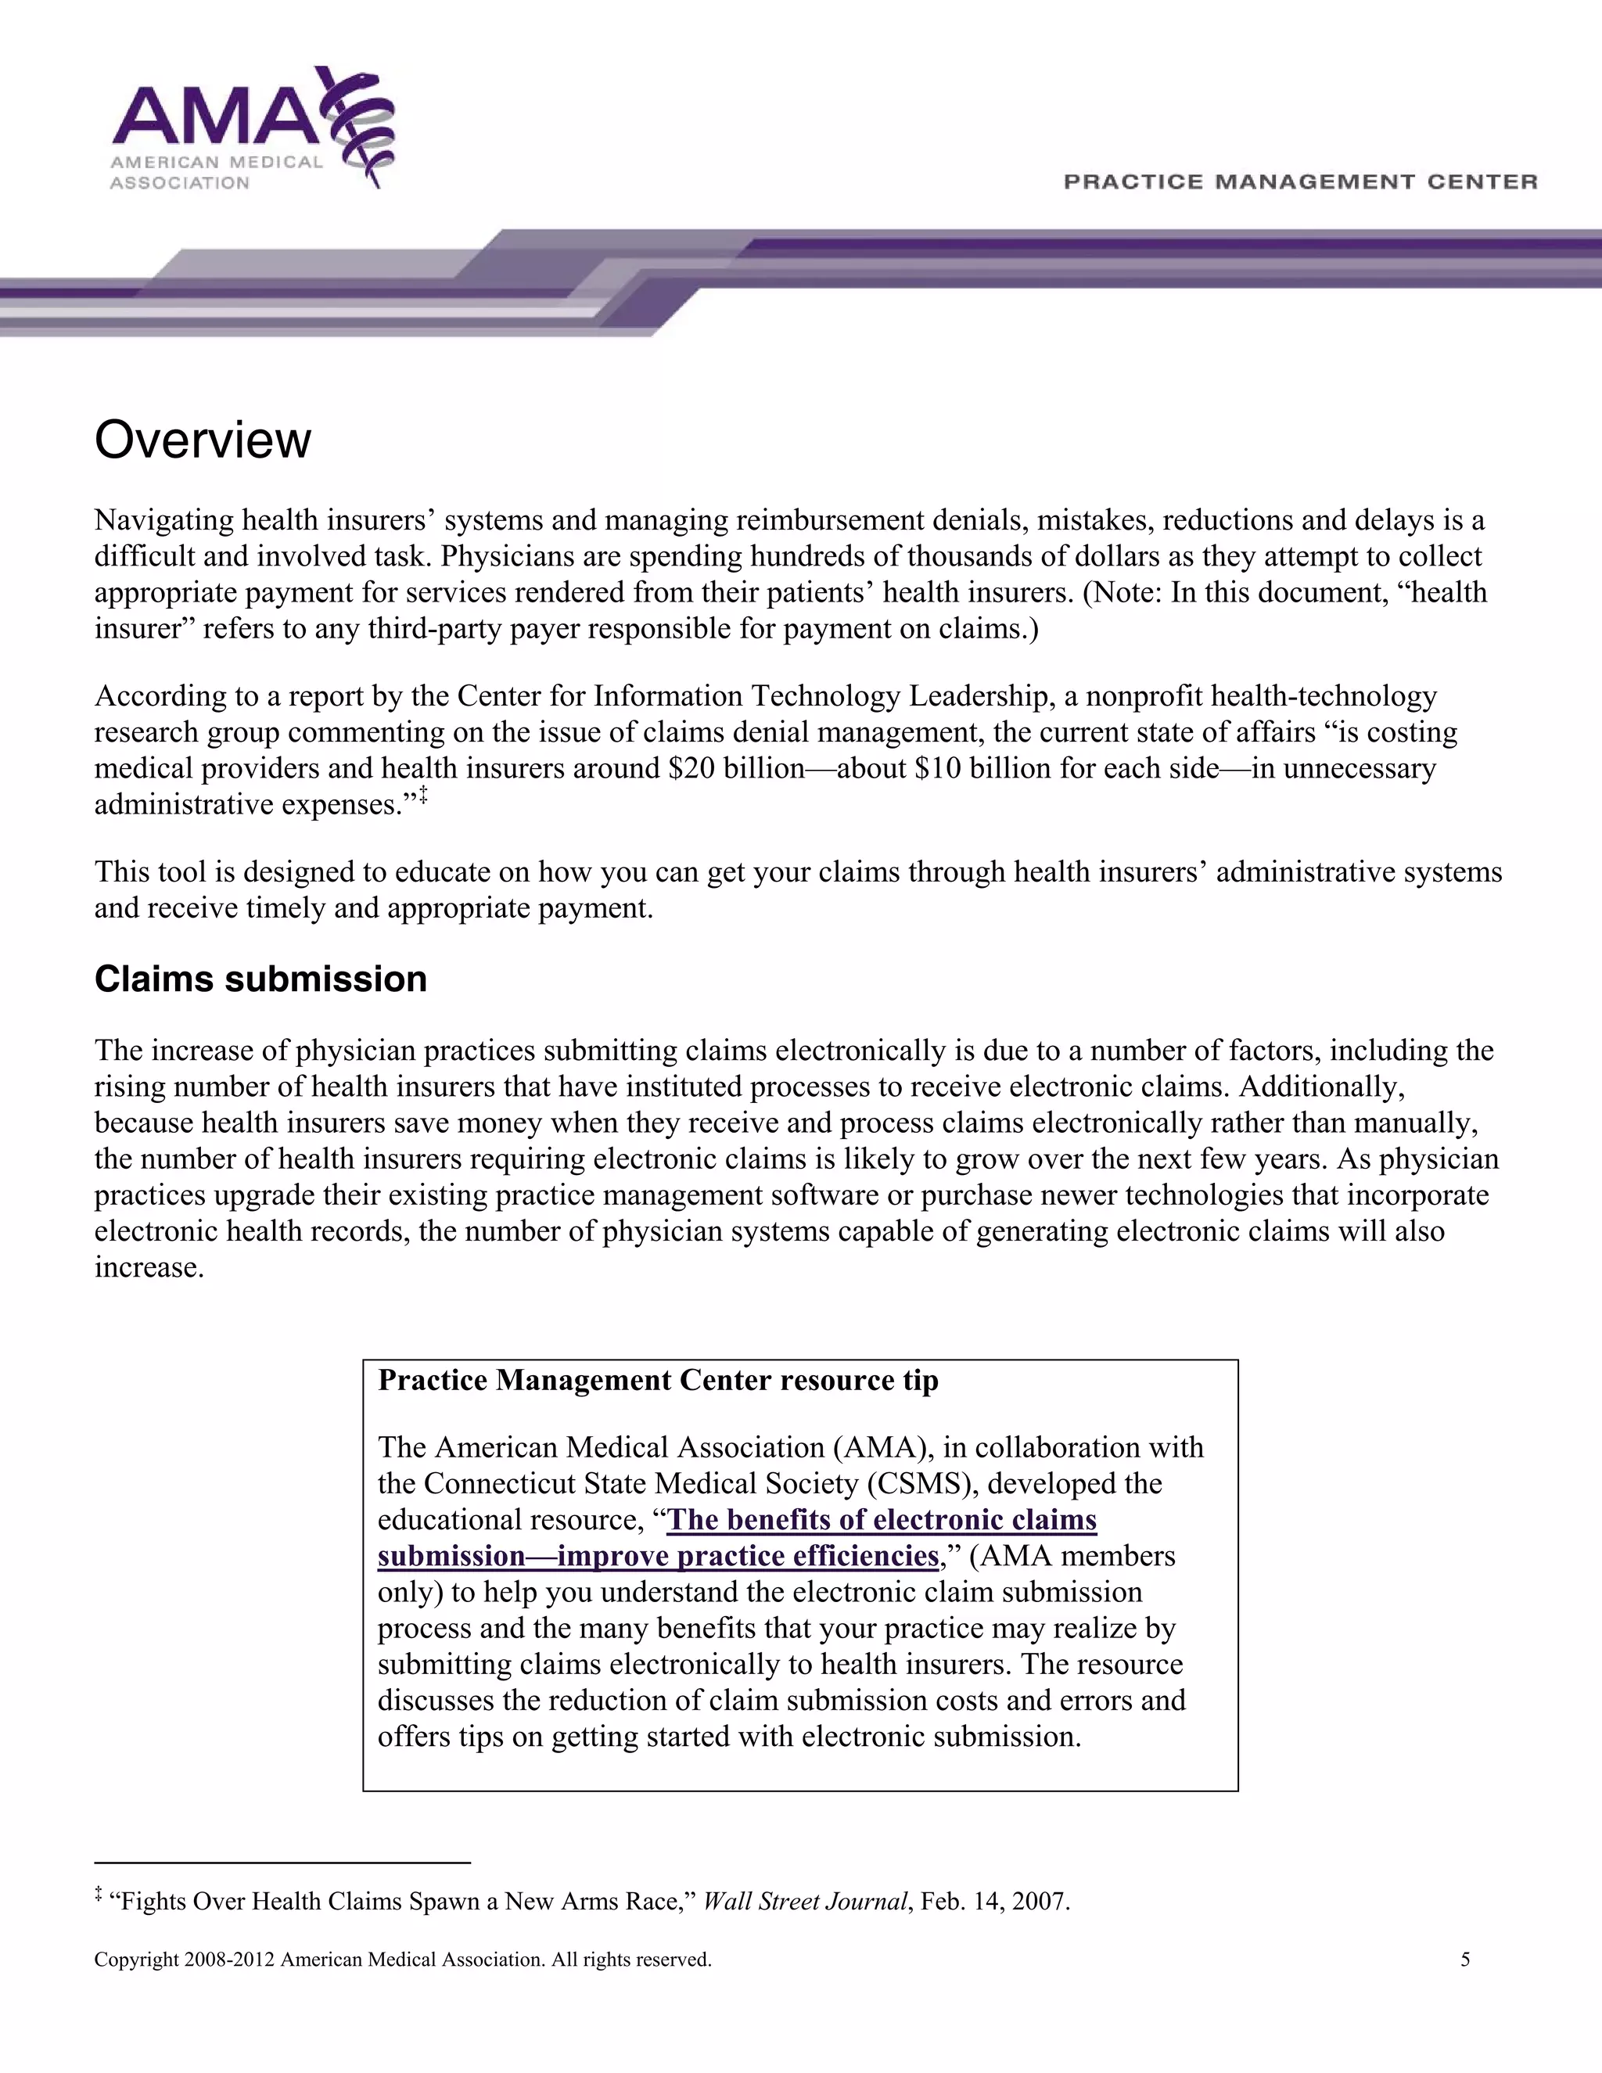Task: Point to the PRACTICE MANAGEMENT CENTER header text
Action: tap(1299, 181)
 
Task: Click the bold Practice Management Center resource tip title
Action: tap(658, 1380)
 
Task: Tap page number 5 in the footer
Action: tap(1464, 1959)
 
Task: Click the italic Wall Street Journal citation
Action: tap(805, 1901)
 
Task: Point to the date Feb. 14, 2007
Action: tap(995, 1901)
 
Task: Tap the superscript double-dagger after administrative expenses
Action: tap(423, 796)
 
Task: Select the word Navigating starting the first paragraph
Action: tap(164, 520)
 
